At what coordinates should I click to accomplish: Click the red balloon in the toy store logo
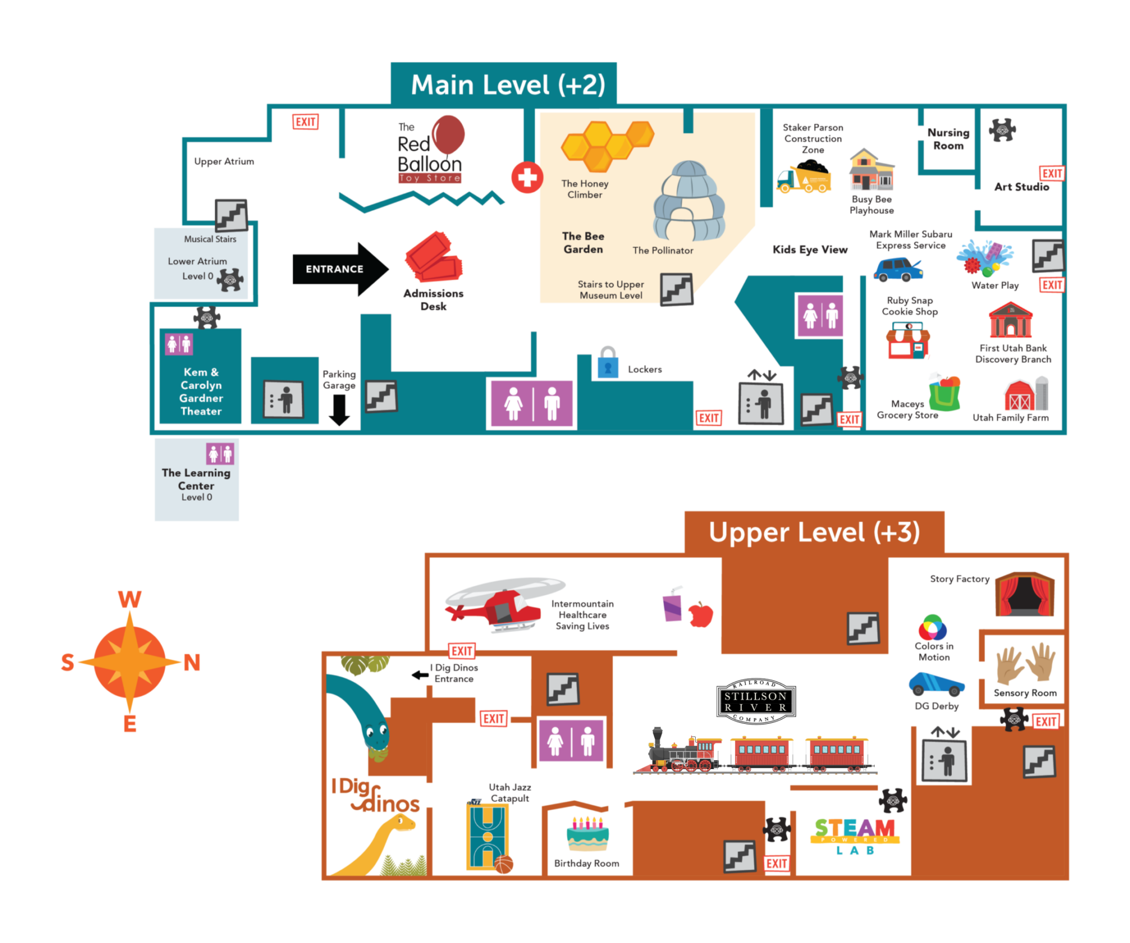coord(448,134)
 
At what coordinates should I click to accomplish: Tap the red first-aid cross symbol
coord(527,178)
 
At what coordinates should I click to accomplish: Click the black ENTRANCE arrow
coord(340,269)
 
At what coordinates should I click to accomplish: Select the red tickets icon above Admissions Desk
coord(434,257)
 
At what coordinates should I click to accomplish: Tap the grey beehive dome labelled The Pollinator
coord(689,201)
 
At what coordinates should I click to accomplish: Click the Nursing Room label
coord(948,139)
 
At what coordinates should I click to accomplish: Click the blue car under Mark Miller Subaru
coord(897,269)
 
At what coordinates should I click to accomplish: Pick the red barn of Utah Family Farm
coord(1020,395)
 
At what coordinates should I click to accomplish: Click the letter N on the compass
coord(191,662)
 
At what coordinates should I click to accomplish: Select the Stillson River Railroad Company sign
coord(755,701)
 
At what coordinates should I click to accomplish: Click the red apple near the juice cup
coord(701,614)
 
